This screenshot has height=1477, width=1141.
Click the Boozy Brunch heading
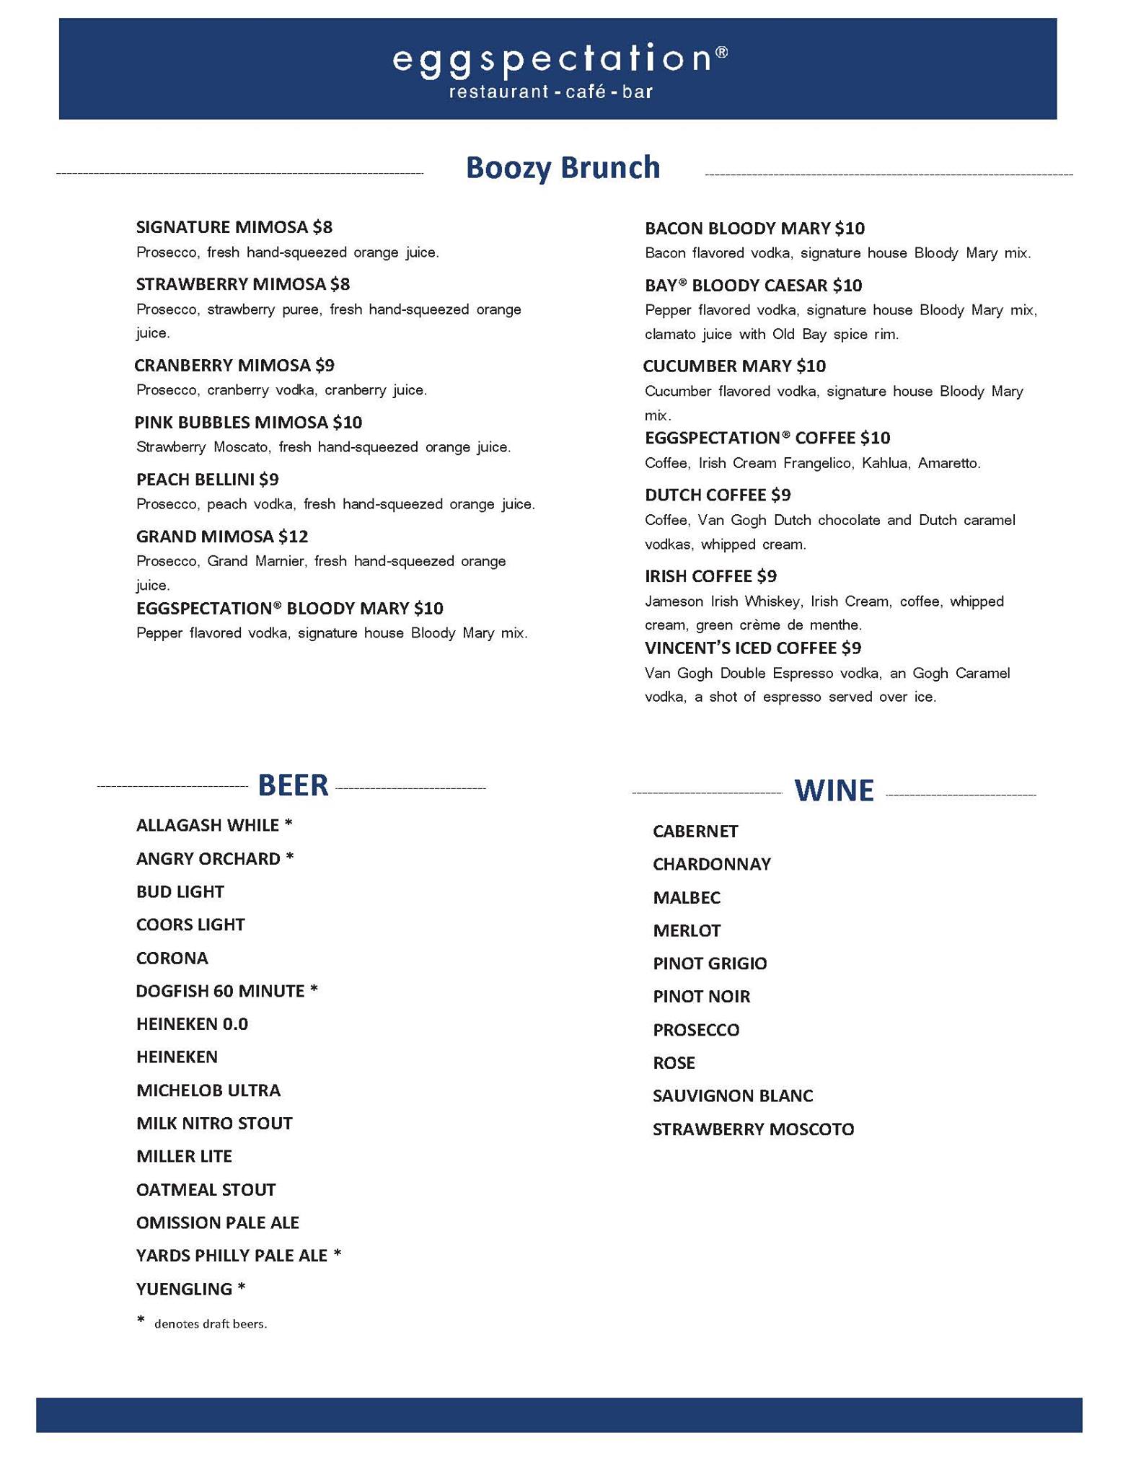563,167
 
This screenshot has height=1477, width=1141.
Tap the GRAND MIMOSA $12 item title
222,537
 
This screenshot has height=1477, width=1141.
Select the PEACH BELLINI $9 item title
208,480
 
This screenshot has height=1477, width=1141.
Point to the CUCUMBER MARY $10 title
734,366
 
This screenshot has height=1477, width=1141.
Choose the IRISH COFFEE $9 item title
710,576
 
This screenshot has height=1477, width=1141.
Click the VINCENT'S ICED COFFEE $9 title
753,648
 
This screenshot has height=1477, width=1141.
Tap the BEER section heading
293,785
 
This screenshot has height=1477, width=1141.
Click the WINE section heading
834,791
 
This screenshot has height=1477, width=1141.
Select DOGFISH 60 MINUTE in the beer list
220,991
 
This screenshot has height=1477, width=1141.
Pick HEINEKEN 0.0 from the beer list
192,1024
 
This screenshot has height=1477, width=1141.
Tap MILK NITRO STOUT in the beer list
214,1123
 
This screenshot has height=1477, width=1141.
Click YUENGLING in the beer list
184,1289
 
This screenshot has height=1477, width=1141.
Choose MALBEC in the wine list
687,898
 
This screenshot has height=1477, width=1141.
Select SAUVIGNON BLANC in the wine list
733,1096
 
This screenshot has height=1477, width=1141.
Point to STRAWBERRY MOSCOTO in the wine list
753,1129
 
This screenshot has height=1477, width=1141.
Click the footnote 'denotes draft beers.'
211,1324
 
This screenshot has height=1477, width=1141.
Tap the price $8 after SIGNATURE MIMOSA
322,228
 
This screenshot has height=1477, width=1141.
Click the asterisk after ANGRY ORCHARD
290,858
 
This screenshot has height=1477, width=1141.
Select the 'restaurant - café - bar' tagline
551,92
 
